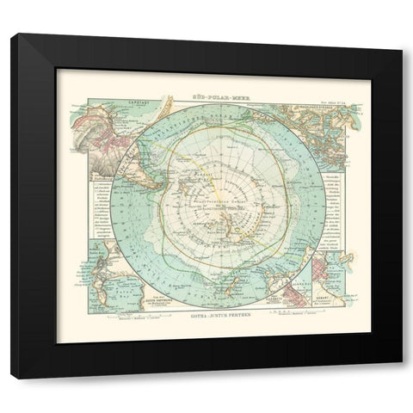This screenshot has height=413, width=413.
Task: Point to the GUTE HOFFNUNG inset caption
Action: [x=113, y=297]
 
